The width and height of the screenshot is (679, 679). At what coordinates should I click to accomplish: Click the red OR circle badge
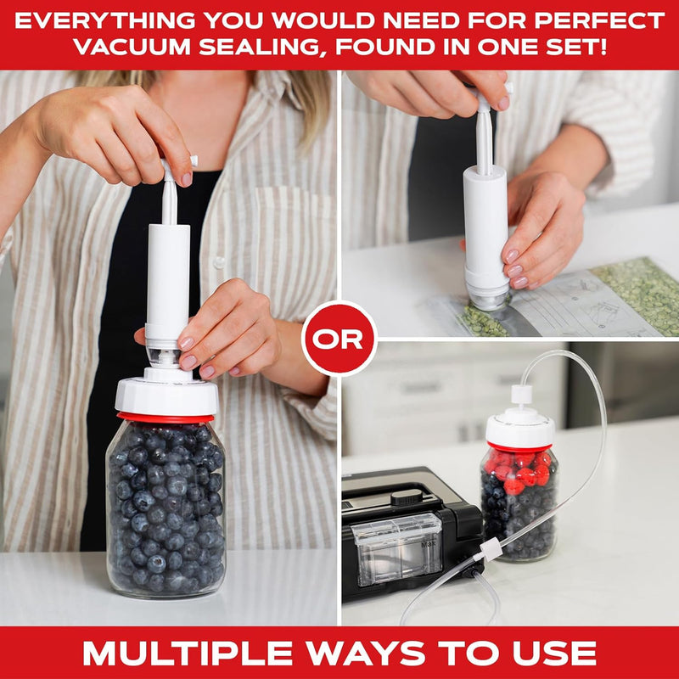339,338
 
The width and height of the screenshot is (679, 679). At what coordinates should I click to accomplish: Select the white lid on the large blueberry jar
166,394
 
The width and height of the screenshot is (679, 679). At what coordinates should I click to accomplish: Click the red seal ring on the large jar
166,418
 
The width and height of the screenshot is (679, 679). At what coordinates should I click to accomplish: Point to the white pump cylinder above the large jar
167,280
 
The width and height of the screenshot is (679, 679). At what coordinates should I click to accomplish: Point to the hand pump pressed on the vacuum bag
485,229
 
